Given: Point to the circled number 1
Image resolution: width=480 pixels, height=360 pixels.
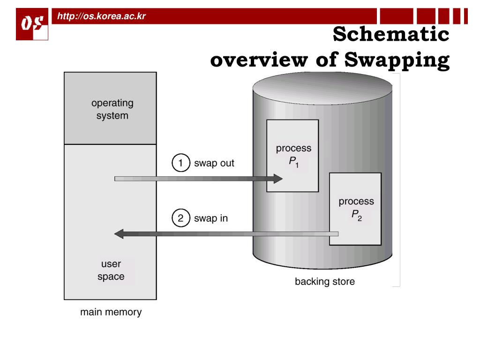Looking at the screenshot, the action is click(x=180, y=163).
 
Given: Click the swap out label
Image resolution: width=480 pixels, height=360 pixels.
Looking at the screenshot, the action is click(x=214, y=164).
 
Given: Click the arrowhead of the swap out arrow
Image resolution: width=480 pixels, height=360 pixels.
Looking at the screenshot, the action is click(x=277, y=178).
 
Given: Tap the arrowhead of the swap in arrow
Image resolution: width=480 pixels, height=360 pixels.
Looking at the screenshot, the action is click(x=120, y=233).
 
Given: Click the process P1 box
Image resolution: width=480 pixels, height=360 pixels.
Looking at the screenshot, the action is click(x=292, y=156).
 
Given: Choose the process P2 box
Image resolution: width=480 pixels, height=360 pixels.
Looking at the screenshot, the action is click(x=356, y=209).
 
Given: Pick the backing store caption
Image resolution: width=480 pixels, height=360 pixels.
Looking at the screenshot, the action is click(x=325, y=282).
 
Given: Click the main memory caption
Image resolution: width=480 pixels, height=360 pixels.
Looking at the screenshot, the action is click(x=110, y=311).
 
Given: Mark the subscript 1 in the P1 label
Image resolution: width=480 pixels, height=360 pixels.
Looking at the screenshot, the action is click(x=297, y=165).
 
